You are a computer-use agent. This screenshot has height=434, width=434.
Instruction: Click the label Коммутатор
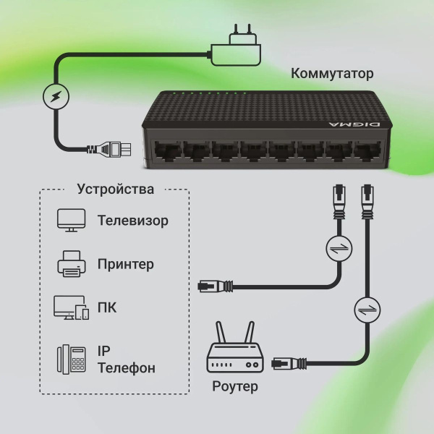tap(332, 73)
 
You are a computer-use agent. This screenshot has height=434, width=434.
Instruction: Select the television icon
tap(72, 220)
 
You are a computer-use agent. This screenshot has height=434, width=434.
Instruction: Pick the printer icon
tap(72, 264)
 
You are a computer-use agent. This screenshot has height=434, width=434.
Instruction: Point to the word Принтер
tap(126, 265)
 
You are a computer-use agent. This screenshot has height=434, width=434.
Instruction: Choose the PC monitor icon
tap(71, 307)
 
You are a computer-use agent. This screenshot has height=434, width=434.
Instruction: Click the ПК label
tap(107, 308)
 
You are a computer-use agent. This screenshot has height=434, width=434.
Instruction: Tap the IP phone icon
tap(72, 359)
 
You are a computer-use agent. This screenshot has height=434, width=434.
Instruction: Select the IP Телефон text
tap(126, 359)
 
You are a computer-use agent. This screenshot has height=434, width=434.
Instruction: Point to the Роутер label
tap(235, 386)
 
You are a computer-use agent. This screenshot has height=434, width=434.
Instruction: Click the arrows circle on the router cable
tap(366, 311)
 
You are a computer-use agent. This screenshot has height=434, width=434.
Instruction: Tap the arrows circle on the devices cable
tap(338, 249)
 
